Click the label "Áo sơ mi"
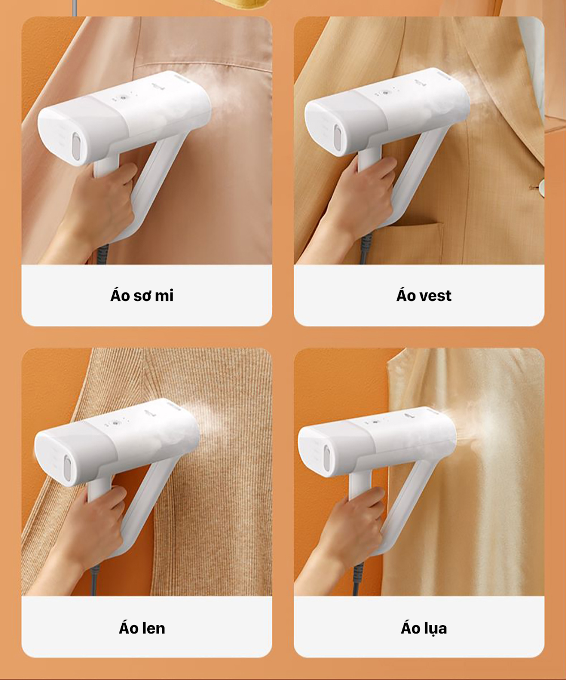point(142,296)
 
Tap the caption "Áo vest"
point(424,296)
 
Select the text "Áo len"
point(142,628)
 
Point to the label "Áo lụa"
point(424,628)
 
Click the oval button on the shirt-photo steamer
point(76,146)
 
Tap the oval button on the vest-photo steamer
point(338,139)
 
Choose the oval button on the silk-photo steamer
point(328,459)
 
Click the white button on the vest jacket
point(542,188)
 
